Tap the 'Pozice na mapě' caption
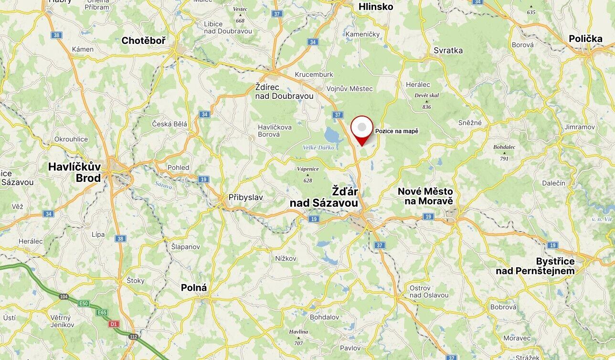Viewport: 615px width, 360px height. tap(396, 131)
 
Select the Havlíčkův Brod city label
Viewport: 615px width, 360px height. tap(74, 172)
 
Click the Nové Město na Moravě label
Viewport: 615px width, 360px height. tap(425, 196)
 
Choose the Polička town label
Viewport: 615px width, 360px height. tap(585, 39)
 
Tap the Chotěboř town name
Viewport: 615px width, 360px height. tap(143, 41)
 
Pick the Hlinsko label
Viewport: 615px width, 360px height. tap(376, 7)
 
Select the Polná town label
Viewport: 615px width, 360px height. tap(194, 288)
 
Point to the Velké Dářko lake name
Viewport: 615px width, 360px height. tap(318, 148)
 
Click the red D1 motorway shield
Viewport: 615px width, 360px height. tap(113, 324)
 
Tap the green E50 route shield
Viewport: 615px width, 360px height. tap(84, 303)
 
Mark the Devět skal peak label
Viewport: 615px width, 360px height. tap(426, 95)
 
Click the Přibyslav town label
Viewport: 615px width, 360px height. tap(245, 197)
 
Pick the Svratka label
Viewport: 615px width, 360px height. tap(448, 50)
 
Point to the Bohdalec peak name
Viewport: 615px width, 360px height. tap(504, 147)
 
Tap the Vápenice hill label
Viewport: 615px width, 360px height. tap(307, 169)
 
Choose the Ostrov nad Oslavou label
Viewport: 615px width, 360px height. tap(429, 291)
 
